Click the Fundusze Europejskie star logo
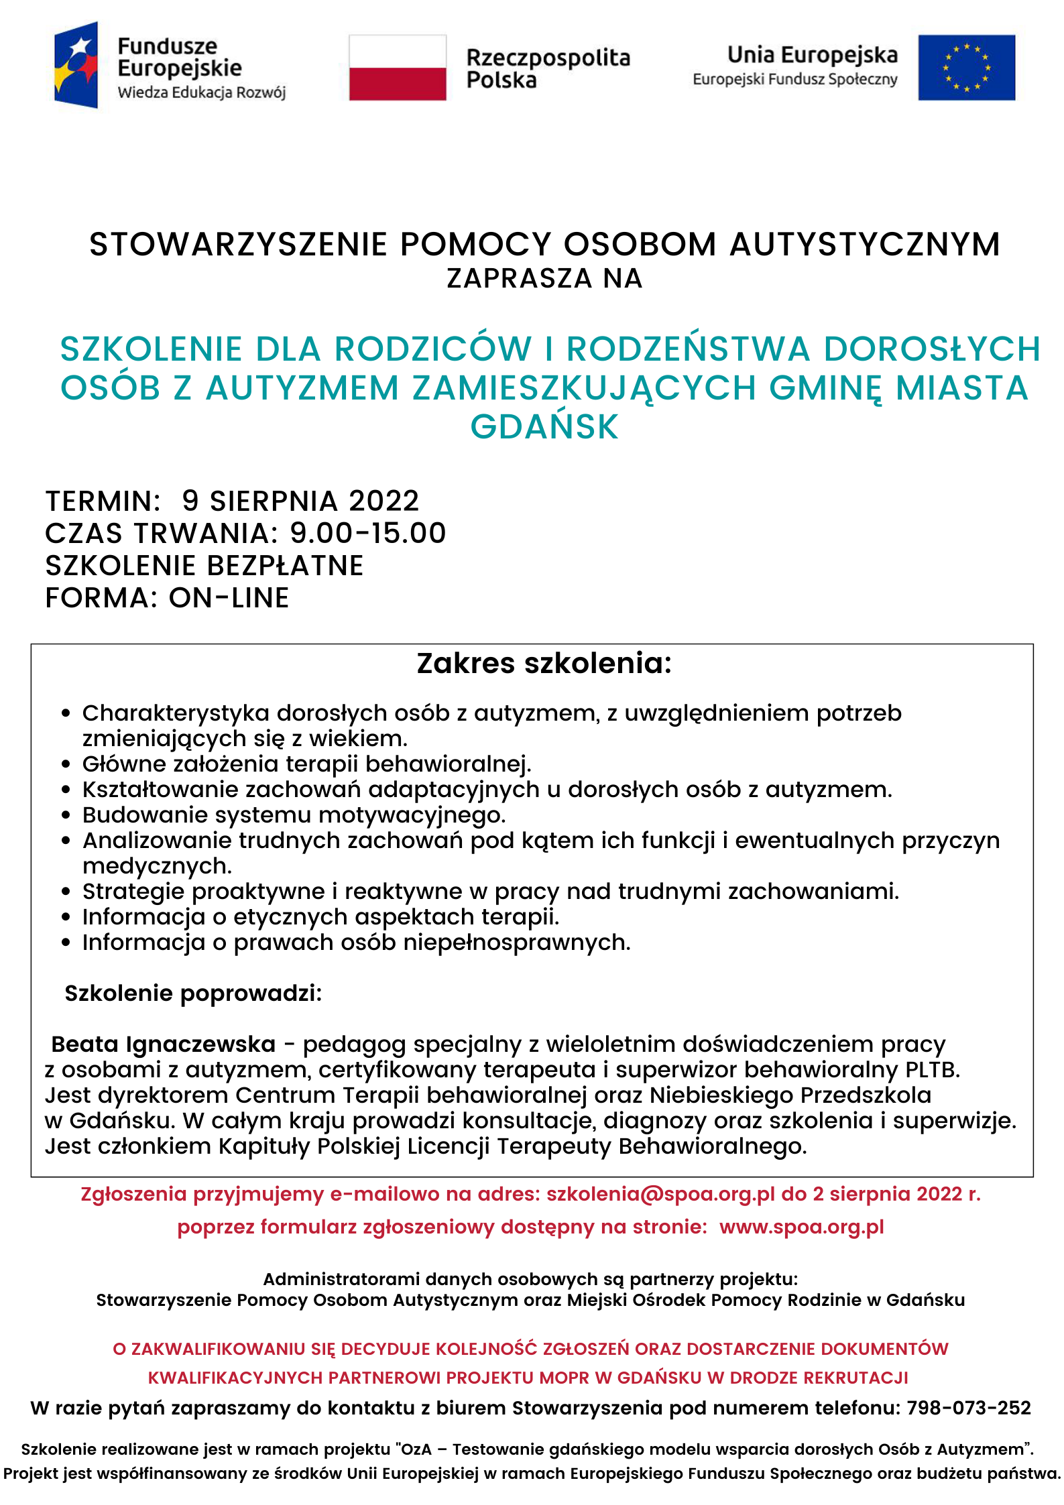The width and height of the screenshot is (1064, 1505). pos(76,65)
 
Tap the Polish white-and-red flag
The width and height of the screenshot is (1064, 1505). pos(398,68)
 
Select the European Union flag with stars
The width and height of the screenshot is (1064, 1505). pos(966,68)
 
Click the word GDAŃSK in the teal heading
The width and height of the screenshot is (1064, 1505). pos(544,427)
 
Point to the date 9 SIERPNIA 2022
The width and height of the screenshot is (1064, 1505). pos(300,501)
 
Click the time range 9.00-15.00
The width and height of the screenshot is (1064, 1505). pos(367,533)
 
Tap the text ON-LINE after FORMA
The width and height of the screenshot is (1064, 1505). pos(229,597)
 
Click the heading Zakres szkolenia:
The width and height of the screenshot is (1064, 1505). pos(544,663)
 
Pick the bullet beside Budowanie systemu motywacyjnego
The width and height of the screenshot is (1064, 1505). pos(66,815)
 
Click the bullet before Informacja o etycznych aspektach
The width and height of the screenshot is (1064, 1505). pos(66,917)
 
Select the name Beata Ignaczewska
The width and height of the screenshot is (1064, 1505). pos(164,1044)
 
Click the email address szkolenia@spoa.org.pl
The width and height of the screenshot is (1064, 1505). pos(660,1194)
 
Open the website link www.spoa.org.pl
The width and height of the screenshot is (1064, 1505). pos(802,1227)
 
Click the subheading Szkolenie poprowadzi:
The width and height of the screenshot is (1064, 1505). pos(193,993)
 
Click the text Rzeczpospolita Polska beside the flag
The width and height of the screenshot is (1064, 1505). pos(547,68)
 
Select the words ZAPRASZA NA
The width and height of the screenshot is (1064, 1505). pos(544,278)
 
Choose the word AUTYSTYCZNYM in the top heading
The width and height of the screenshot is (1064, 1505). pos(864,244)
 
